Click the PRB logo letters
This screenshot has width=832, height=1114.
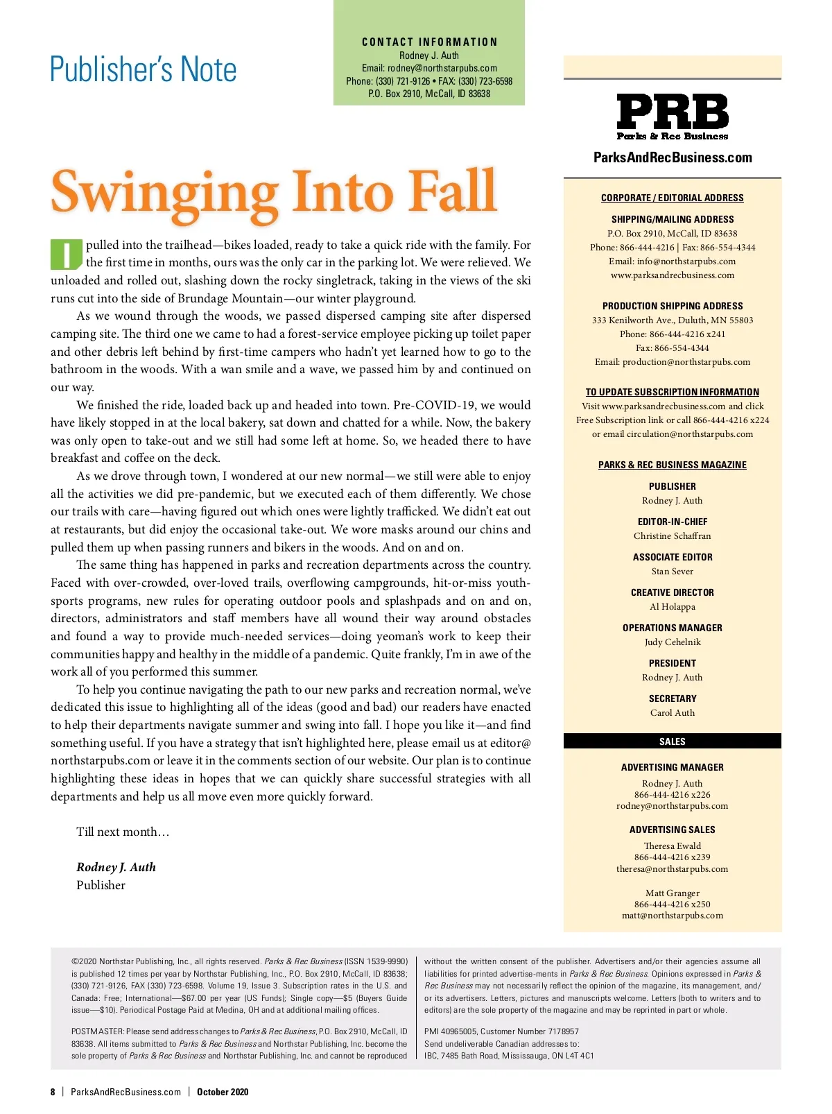point(672,112)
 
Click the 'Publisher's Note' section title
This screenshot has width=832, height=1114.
point(144,69)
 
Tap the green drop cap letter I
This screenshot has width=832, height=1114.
point(67,255)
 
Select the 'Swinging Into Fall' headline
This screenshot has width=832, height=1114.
point(274,191)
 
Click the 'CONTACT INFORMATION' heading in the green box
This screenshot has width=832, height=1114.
point(429,42)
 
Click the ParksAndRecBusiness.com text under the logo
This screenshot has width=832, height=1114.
point(673,157)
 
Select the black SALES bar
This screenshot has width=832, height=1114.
point(672,742)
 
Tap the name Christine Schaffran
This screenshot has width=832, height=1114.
point(672,536)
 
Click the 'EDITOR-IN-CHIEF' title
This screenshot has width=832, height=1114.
point(672,522)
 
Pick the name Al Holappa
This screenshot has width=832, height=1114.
point(672,607)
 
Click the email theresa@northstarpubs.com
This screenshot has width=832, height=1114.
point(672,869)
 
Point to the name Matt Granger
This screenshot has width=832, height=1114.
point(672,893)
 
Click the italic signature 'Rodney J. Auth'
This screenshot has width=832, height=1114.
point(116,867)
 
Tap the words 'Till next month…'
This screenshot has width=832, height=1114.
point(123,832)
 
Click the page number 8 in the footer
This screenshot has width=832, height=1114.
point(53,1092)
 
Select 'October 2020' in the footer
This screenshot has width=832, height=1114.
point(223,1092)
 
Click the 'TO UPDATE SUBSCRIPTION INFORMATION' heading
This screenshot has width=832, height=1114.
point(672,392)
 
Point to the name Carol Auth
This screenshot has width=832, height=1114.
point(672,713)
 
